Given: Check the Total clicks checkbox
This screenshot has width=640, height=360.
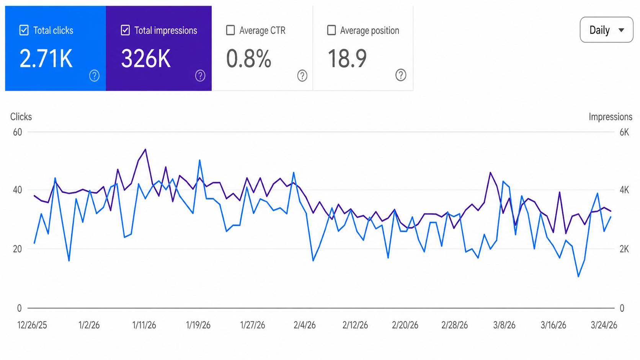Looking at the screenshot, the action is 24,30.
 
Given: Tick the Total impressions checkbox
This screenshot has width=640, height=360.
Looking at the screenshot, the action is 125,30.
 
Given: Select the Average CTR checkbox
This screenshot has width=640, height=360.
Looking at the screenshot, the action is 230,30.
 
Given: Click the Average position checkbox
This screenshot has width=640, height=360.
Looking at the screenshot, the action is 331,30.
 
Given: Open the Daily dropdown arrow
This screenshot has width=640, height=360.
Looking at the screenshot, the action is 621,30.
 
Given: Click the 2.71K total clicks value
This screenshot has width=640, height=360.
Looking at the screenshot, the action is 46,59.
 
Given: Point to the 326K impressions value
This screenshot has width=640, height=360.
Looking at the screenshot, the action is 146,59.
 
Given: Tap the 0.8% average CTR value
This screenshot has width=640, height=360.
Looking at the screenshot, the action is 248,59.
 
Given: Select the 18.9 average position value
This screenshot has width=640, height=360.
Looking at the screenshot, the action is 347,59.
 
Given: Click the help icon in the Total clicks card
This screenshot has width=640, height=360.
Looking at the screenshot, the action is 94,76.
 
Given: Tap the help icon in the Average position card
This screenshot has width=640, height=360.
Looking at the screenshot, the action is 400,75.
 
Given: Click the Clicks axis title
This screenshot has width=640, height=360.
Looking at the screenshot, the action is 21,117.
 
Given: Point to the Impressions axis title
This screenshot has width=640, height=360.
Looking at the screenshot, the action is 610,117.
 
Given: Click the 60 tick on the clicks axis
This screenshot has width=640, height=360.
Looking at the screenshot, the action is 18,132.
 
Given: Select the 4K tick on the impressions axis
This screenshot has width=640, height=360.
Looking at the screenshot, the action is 624,190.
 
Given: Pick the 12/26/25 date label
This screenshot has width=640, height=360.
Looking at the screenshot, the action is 32,325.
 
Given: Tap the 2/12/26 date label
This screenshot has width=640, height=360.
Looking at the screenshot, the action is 355,325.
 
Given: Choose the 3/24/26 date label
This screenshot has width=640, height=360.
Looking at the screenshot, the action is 604,325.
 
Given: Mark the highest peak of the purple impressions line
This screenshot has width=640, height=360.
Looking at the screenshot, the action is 145,149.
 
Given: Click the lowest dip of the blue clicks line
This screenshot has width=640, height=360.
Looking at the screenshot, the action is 578,276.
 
